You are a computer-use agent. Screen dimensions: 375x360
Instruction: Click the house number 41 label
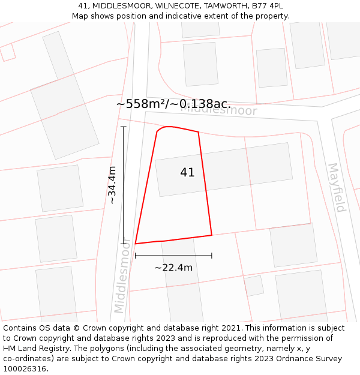click(187, 172)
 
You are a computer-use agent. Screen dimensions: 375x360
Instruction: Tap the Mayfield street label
click(337, 188)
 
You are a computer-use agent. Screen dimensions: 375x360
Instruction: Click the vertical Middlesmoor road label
click(122, 275)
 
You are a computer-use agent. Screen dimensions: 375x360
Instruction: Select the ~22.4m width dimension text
click(173, 268)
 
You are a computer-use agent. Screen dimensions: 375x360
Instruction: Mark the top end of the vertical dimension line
click(124, 127)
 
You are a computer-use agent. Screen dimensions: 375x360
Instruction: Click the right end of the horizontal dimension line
click(212, 256)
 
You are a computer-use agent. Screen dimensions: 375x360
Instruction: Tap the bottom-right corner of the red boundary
click(212, 235)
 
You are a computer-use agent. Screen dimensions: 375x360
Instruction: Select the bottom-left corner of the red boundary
click(136, 244)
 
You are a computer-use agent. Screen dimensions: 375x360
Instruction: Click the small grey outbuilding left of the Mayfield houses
click(254, 286)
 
